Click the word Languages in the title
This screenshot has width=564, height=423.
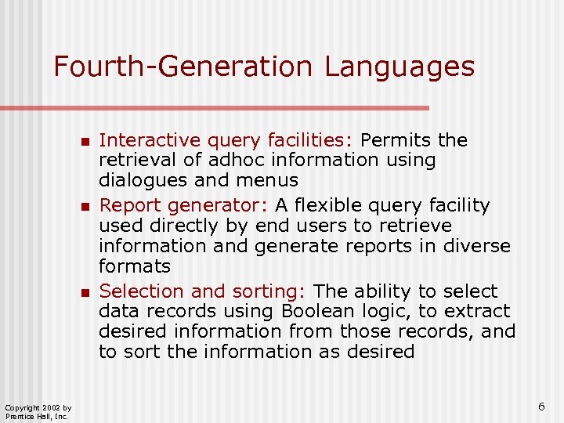point(399,67)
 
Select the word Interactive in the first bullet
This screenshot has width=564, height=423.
point(147,140)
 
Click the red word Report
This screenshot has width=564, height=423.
point(129,206)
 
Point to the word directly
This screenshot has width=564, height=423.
point(206,226)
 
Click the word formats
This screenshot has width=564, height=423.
point(134,266)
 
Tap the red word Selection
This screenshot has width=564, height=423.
point(141,291)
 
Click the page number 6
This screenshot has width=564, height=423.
point(541,407)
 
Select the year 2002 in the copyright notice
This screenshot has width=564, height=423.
point(45,407)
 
